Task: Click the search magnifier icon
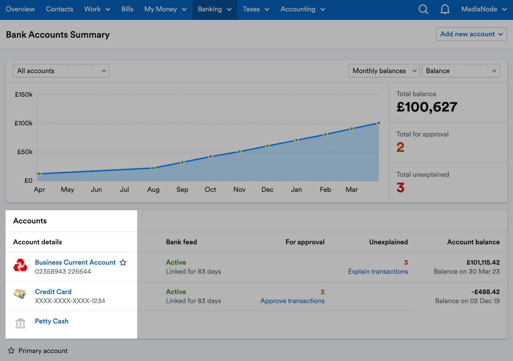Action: point(423,9)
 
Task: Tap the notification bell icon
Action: point(445,9)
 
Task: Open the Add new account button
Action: point(471,34)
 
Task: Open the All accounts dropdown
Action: point(61,71)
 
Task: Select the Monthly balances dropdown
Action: point(384,71)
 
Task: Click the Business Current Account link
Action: point(75,262)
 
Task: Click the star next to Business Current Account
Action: point(123,263)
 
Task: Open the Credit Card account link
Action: point(53,292)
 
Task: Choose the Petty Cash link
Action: point(52,321)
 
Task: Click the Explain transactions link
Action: point(378,271)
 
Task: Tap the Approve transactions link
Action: point(292,301)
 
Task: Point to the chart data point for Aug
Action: point(154,168)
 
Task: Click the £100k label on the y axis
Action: point(24,123)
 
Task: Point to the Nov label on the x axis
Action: point(239,189)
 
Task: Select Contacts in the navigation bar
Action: point(60,9)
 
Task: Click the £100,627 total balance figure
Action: point(427,107)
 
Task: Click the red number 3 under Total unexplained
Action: point(401,188)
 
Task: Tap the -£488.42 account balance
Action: point(485,292)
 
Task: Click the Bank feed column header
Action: point(182,242)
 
